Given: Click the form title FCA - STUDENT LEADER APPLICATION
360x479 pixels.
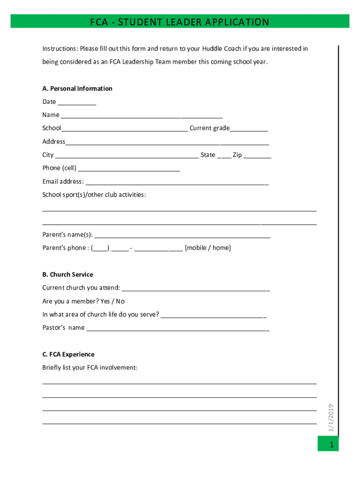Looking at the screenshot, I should (180, 22).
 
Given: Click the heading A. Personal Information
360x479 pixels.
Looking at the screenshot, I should (77, 88).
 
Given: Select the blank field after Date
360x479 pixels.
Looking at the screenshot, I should (77, 102).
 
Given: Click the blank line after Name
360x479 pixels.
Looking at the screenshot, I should (141, 116).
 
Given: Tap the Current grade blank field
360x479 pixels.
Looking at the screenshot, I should (249, 129).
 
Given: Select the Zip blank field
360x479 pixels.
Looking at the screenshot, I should (257, 155).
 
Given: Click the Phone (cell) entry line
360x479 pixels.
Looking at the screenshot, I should (129, 168).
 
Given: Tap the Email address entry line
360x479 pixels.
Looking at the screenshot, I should (176, 182).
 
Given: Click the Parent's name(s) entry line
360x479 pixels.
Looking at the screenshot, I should (182, 235).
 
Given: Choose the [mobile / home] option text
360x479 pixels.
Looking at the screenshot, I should (208, 248).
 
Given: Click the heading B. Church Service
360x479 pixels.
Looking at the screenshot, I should (68, 275).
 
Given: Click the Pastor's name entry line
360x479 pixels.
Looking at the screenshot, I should (178, 328).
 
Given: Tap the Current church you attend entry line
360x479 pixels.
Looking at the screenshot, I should (195, 288).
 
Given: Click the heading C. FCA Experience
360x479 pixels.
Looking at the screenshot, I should (68, 355).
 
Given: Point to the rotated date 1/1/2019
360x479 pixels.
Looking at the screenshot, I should (331, 418).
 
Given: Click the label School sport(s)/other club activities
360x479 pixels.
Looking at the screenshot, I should (94, 195).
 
